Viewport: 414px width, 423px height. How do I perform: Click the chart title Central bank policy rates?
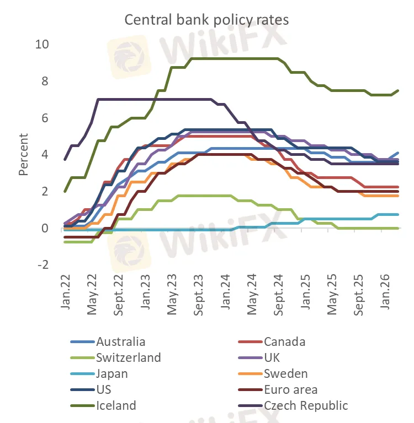[x=206, y=19]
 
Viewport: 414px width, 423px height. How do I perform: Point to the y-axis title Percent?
[x=23, y=154]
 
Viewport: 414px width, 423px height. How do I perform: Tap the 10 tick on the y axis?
[x=43, y=45]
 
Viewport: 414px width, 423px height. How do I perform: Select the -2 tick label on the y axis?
[x=43, y=265]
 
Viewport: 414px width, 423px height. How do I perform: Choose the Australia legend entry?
[x=121, y=341]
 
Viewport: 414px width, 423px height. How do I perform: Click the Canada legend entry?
[x=284, y=341]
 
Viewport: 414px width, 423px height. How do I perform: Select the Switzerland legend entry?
[x=128, y=357]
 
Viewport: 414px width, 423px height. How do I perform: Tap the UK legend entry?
[x=272, y=357]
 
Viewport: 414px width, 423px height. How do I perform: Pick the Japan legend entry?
[x=112, y=373]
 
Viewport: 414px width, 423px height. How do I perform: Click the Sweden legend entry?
[x=286, y=373]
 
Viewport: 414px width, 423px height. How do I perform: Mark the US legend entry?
[x=103, y=389]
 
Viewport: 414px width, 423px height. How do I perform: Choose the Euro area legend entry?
[x=290, y=389]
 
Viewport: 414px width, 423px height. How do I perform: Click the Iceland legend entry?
[x=116, y=405]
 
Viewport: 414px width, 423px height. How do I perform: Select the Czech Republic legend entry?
[x=306, y=405]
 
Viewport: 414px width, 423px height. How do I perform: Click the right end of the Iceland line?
[x=398, y=90]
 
